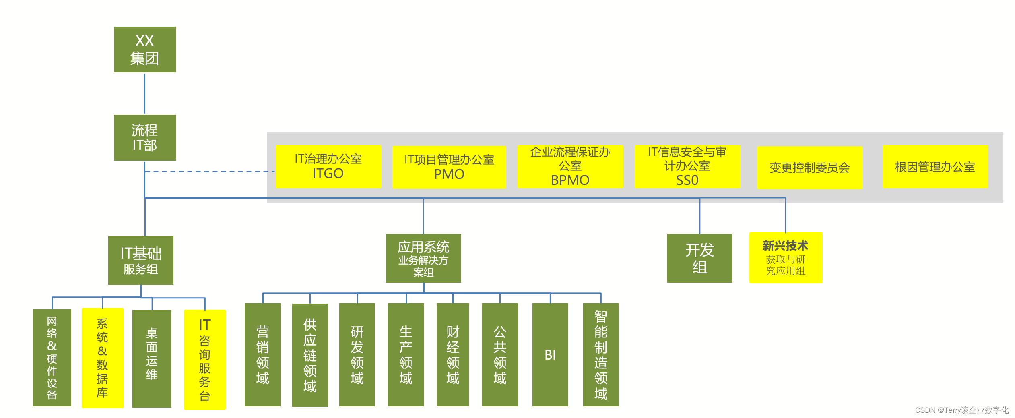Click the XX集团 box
pos(144,50)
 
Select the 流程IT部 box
pos(144,138)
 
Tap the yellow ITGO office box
pos(328,166)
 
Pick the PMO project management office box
pos(449,167)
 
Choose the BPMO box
pos(570,166)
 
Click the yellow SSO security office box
pos(687,166)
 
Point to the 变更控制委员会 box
pos(809,168)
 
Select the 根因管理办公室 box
pos(935,167)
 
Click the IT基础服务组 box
pos(141,260)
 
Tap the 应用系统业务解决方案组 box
pos(423,258)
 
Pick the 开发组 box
pos(699,258)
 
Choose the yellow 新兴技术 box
pos(786,258)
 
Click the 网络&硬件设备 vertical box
pos(52,358)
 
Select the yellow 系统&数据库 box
pos(102,358)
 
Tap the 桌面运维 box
pos(152,358)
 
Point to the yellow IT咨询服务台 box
pos(204,359)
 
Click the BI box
pos(550,355)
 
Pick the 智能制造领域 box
pos(601,355)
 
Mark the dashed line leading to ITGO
pos(209,171)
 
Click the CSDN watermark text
pos(961,410)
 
